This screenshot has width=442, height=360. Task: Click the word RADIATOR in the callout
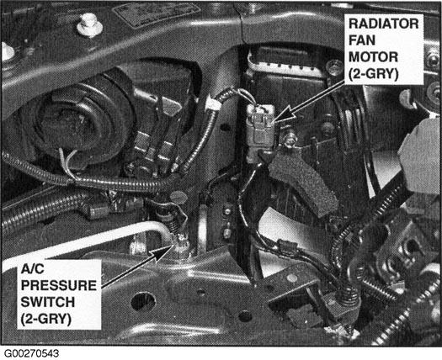pyautogui.click(x=384, y=24)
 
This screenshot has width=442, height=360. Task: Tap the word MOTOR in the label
pyautogui.click(x=373, y=57)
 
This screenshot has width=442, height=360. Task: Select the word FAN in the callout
pyautogui.click(x=362, y=40)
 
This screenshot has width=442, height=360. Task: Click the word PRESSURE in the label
pyautogui.click(x=59, y=285)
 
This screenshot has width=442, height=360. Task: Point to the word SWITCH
pyautogui.click(x=48, y=302)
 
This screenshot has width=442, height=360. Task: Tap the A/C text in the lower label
pyautogui.click(x=33, y=268)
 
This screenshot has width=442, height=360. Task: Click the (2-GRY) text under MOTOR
pyautogui.click(x=374, y=75)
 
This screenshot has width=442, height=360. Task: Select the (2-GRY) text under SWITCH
pyautogui.click(x=45, y=320)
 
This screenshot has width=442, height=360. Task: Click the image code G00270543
pyautogui.click(x=32, y=353)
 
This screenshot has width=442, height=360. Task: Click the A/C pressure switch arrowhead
pyautogui.click(x=161, y=251)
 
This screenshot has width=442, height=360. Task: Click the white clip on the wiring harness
pyautogui.click(x=213, y=105)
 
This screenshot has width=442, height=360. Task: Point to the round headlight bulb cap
pyautogui.click(x=71, y=119)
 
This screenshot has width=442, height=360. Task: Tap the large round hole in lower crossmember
pyautogui.click(x=143, y=302)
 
